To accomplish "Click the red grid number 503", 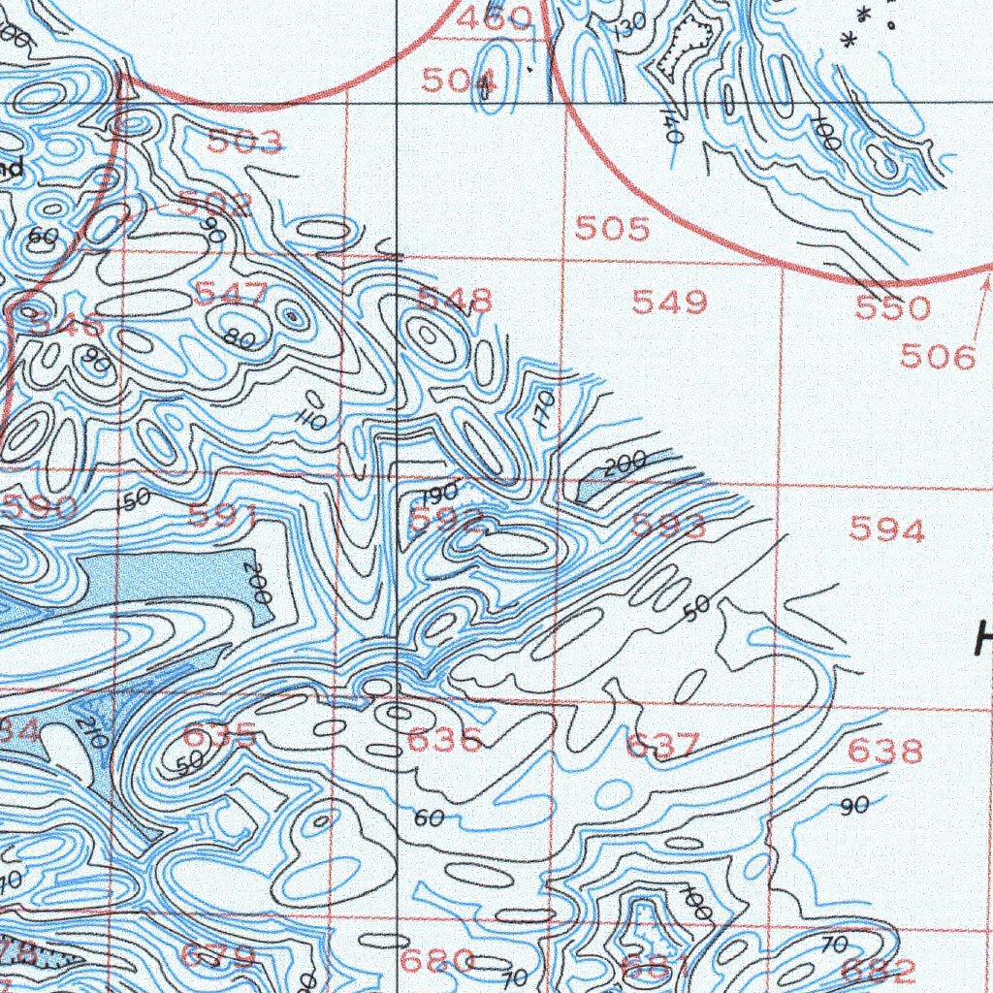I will point(245,143).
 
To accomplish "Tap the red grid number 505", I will point(612,229).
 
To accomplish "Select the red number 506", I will point(937,357).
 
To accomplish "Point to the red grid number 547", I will point(232,293).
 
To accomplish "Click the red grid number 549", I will point(669,303).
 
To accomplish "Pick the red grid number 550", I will point(892,308).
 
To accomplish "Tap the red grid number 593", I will point(669,526).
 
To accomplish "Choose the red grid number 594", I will point(886,529).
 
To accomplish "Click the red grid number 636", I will point(444,742).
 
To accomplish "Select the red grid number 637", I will point(662,746).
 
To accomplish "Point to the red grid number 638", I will point(884,751).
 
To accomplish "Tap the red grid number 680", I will point(436,961).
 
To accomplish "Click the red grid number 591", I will point(223,516).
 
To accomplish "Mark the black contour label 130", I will point(629,29).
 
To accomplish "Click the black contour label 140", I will point(670,127).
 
